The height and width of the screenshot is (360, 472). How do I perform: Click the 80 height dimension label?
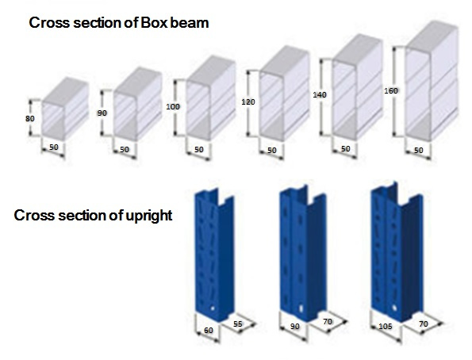[30, 119]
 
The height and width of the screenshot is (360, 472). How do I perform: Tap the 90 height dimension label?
[102, 113]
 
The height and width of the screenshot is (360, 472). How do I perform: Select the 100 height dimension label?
[173, 106]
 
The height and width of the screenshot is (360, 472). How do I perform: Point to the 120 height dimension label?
[248, 102]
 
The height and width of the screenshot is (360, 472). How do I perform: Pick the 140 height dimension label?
[320, 95]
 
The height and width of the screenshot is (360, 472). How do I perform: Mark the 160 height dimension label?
[391, 90]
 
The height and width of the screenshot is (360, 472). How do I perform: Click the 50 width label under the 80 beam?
[54, 147]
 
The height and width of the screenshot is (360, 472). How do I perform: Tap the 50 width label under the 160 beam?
[418, 150]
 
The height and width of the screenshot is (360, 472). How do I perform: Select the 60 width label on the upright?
[209, 330]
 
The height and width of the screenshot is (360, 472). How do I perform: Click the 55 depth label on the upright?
[237, 324]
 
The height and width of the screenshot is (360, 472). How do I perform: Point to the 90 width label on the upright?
[294, 326]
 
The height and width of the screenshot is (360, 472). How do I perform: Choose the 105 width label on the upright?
[385, 326]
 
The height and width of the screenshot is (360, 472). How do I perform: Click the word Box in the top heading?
[154, 23]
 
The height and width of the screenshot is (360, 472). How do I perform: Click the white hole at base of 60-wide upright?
[213, 308]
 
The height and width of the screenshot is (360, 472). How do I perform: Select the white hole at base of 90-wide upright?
[301, 308]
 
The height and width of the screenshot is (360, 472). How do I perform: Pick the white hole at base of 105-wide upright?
[394, 308]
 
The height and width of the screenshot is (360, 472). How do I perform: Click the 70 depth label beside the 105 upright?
[424, 324]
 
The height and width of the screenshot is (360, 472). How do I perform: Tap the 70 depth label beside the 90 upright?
[328, 321]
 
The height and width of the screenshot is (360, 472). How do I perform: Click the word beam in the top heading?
[190, 23]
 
